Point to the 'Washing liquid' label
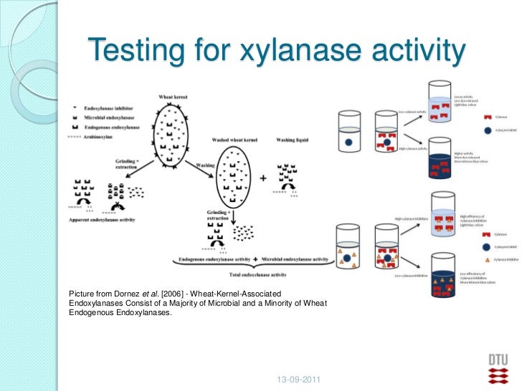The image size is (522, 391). [296, 140]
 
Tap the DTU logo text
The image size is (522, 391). [497, 358]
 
